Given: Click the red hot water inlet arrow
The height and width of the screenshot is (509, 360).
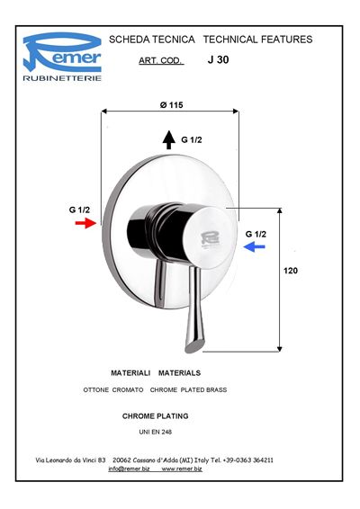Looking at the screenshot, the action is (85, 223).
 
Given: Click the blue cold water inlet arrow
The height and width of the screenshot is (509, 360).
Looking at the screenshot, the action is (255, 247).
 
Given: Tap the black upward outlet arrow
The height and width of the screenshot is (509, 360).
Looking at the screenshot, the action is (168, 140).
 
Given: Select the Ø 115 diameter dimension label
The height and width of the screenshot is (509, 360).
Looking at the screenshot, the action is (172, 105).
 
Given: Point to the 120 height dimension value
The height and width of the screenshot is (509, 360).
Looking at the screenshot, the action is (291, 271).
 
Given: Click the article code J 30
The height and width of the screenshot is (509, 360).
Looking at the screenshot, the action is (218, 59).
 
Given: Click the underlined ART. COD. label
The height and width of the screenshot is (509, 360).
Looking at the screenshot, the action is (161, 61).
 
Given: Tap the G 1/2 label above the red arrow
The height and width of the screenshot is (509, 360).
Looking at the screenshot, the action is (79, 210).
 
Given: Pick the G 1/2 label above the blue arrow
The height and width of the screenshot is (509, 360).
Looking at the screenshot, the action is (256, 234).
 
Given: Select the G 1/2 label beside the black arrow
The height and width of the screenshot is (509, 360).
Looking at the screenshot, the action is (192, 140).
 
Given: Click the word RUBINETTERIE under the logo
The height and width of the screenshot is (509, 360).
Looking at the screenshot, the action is (62, 78).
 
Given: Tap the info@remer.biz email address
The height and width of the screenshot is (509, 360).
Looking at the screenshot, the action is (129, 469).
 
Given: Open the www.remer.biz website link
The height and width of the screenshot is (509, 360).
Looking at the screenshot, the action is (182, 469).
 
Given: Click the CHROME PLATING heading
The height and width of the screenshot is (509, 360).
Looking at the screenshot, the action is (156, 416).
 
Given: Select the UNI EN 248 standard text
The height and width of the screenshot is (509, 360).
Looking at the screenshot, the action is (156, 432).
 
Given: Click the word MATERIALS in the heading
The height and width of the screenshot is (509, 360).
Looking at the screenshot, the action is (179, 373).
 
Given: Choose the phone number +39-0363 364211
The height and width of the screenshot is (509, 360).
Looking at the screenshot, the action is (247, 460).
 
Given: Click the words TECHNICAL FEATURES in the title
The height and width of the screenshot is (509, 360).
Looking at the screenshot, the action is (258, 40).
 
